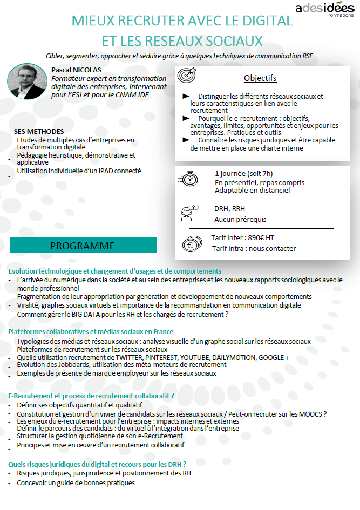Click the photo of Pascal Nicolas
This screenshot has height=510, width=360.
pyautogui.click(x=27, y=81)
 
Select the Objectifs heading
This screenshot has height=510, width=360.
pyautogui.click(x=260, y=78)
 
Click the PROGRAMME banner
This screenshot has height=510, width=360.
pyautogui.click(x=83, y=246)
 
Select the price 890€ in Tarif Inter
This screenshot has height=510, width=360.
pyautogui.click(x=253, y=237)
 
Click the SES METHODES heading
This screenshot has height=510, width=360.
pyautogui.click(x=39, y=132)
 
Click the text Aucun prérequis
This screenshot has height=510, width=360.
pyautogui.click(x=240, y=220)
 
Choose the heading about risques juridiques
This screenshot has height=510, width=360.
pyautogui.click(x=97, y=464)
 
